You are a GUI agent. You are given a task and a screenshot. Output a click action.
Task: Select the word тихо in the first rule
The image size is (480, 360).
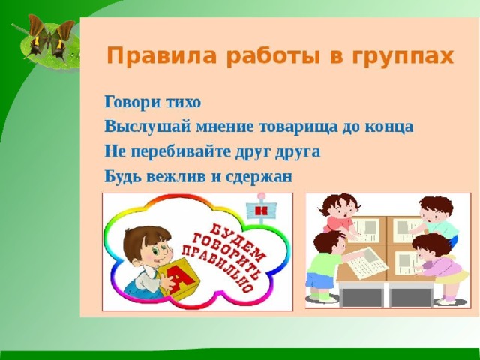(x=183, y=102)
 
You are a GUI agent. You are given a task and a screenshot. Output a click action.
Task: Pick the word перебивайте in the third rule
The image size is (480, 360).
(x=180, y=151)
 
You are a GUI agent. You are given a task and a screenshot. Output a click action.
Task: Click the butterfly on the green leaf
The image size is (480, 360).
(x=48, y=37)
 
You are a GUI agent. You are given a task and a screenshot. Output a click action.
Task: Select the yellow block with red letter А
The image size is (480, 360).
(x=179, y=278)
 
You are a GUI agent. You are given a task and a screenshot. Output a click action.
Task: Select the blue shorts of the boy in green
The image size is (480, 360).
(x=319, y=280)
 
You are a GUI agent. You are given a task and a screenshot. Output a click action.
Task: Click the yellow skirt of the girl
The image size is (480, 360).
(x=452, y=277)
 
